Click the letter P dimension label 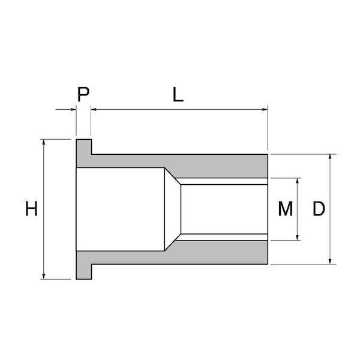click(83, 94)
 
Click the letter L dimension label click(178, 94)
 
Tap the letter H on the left click(31, 208)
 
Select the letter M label click(286, 208)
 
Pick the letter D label click(319, 208)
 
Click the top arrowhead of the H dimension click(44, 142)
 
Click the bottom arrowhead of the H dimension click(44, 276)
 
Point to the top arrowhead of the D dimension click(330, 157)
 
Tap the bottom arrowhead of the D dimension click(330, 261)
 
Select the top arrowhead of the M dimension click(298, 181)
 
